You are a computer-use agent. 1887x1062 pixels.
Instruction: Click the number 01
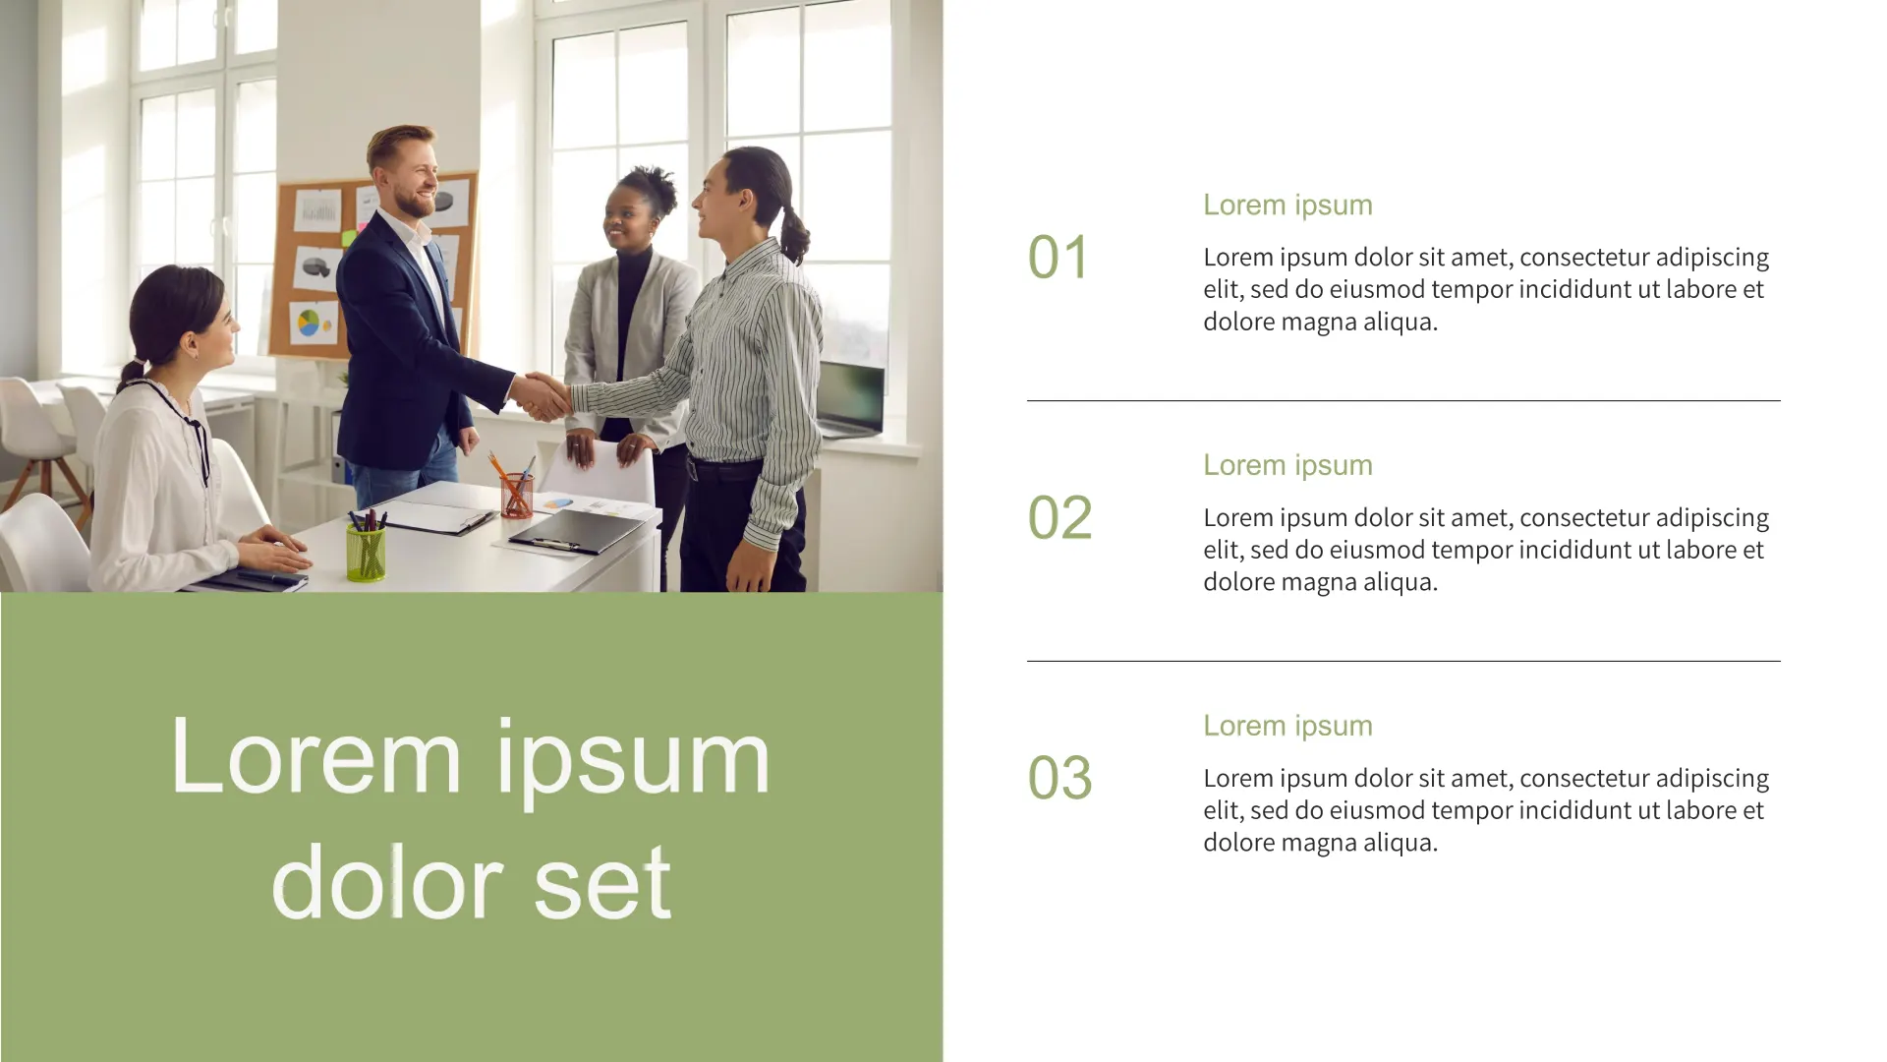coord(1058,258)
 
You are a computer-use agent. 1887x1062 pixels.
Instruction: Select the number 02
coord(1059,518)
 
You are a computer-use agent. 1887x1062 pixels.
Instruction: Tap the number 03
coord(1059,779)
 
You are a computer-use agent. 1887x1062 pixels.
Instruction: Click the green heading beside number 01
coord(1287,206)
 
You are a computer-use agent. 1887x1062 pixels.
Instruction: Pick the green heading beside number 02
coord(1287,466)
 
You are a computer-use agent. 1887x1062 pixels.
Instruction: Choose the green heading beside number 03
coord(1287,727)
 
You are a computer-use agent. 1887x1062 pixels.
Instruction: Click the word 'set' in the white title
coord(602,882)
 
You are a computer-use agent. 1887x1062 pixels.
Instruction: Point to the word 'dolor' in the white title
coord(387,880)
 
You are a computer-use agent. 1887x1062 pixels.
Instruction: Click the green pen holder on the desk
coord(366,552)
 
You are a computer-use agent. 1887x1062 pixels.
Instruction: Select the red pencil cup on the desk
coord(516,496)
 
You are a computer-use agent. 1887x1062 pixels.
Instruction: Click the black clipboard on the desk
coord(577,531)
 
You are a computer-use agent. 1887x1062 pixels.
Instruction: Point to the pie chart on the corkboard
coord(310,322)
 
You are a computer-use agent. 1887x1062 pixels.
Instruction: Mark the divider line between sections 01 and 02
coord(1403,400)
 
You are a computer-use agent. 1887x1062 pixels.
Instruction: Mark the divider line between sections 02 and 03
coord(1403,661)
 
